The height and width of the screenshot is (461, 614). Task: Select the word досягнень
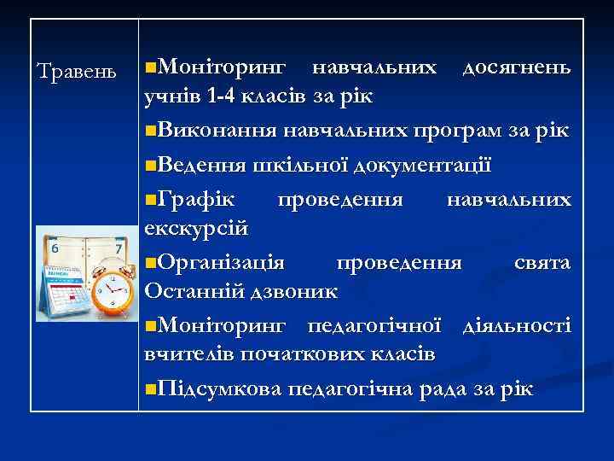click(517, 67)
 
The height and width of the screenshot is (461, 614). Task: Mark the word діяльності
click(516, 324)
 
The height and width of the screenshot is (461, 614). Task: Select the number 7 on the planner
click(117, 248)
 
